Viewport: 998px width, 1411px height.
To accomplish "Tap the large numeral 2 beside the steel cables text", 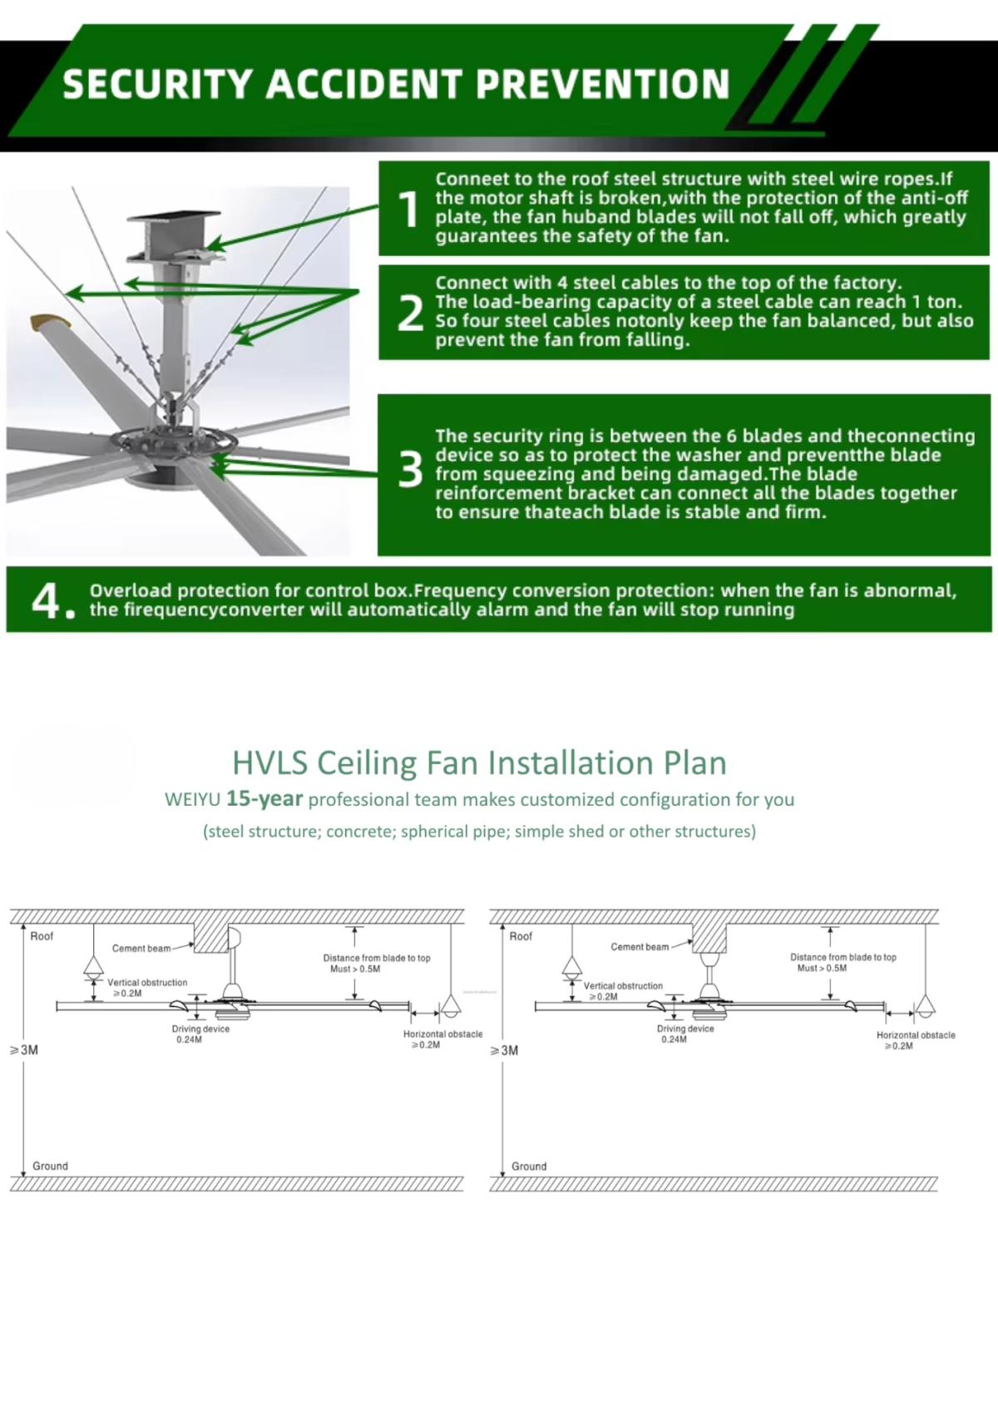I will coord(410,313).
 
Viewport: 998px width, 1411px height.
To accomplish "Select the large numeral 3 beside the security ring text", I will coord(410,470).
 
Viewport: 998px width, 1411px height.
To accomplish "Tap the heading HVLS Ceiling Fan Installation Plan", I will coord(479,762).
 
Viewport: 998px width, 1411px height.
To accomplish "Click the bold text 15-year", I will coord(264,799).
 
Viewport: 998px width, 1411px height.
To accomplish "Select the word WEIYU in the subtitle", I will coord(192,800).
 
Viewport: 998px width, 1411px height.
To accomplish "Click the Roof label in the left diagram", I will coord(42,936).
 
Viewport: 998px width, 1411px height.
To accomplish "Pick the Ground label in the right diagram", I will coord(529,1167).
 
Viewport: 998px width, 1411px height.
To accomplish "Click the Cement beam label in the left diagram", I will coord(141,949).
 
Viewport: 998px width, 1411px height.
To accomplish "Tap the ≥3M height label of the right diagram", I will coord(505,1051).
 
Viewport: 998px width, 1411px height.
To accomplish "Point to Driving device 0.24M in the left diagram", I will coord(200,1034).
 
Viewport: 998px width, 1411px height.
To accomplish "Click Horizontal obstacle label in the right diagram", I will coord(915,1040).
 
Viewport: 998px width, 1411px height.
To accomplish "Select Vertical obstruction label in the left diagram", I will coord(147,987).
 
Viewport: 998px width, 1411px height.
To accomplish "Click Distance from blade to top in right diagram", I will coord(842,962).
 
